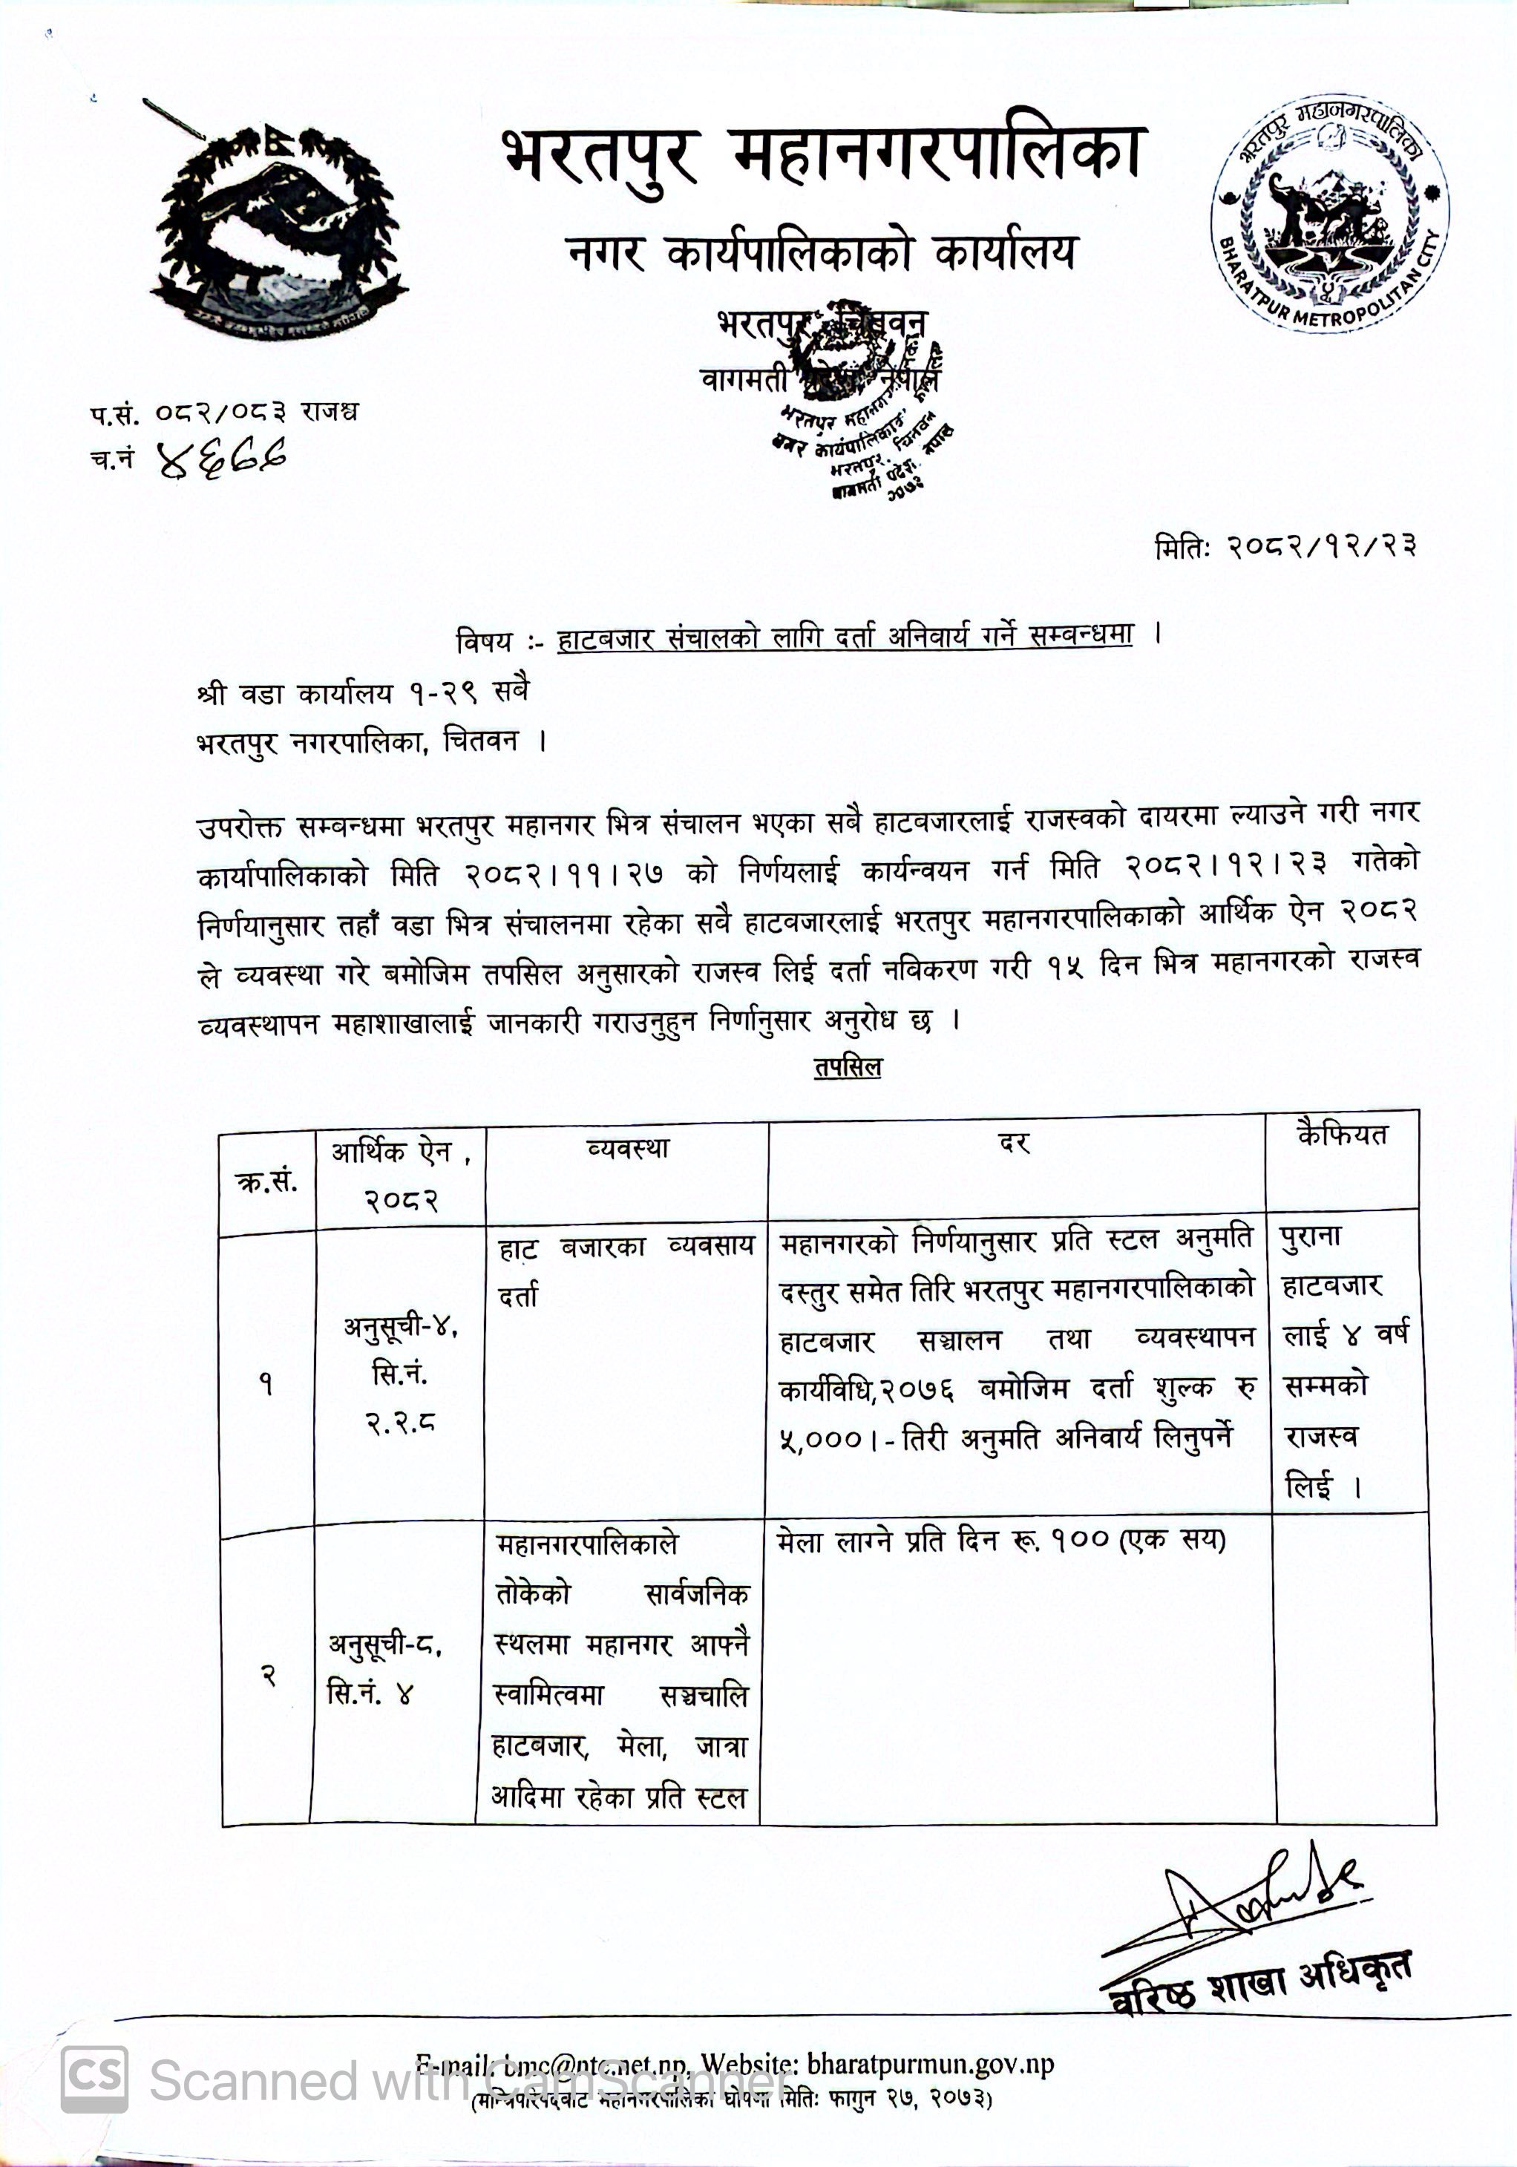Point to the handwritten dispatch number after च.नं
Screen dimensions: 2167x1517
pyautogui.click(x=223, y=459)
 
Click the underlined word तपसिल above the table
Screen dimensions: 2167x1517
pyautogui.click(x=847, y=1067)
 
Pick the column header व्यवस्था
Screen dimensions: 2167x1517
pyautogui.click(x=627, y=1149)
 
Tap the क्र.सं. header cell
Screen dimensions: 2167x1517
pyautogui.click(x=266, y=1181)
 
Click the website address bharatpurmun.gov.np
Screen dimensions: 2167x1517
pyautogui.click(x=930, y=2064)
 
